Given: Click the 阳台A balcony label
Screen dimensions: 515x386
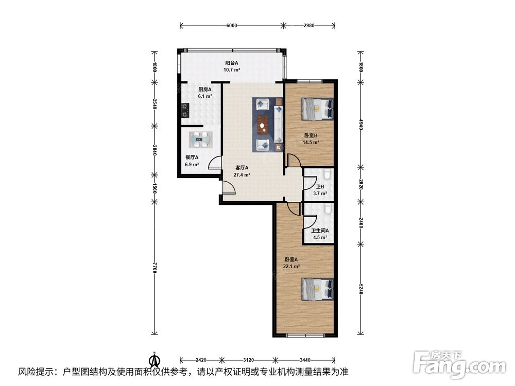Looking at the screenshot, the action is click(x=232, y=63).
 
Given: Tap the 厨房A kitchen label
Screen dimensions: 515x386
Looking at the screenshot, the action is click(x=204, y=89).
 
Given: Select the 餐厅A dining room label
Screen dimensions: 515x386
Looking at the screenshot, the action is click(x=192, y=157).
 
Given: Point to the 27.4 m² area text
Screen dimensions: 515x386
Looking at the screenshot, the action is click(x=242, y=175).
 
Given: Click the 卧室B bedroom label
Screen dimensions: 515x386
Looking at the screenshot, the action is click(x=311, y=135).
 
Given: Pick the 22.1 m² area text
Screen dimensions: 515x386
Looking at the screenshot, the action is click(x=291, y=266).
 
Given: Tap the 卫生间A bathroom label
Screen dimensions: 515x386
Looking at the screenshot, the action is click(x=320, y=231).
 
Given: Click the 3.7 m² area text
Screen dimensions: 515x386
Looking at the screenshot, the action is click(x=320, y=194).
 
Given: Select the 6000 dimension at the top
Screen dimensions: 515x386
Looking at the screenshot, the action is click(x=232, y=26).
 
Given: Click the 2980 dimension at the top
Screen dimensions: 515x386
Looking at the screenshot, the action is click(x=309, y=26).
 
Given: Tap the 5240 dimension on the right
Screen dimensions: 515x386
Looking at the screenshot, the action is click(x=360, y=289).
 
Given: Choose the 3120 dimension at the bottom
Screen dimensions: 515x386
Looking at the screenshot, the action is click(x=248, y=360).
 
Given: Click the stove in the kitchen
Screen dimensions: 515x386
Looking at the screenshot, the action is click(x=185, y=110).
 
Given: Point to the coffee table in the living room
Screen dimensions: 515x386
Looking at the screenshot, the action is click(x=263, y=125).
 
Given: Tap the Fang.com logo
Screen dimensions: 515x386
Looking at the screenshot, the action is click(x=459, y=364).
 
